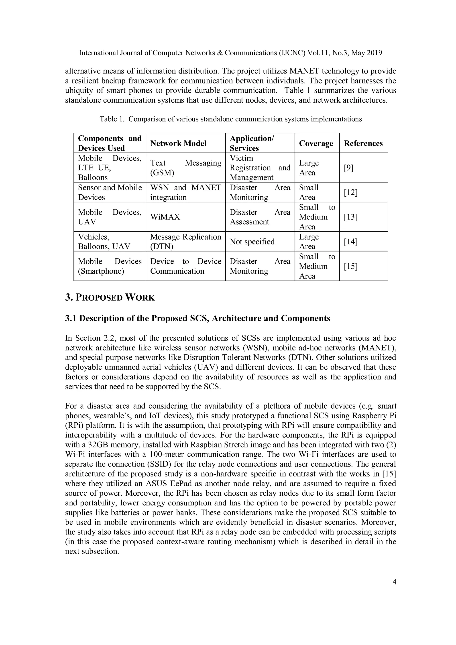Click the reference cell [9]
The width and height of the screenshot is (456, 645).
point(348,168)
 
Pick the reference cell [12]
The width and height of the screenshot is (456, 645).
point(350,192)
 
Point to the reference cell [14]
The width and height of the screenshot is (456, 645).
point(350,242)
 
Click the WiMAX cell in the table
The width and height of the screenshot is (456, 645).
point(165,217)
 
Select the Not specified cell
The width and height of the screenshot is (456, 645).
point(252,242)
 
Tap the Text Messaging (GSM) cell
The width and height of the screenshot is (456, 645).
point(185,168)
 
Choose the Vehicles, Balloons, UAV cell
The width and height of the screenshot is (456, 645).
point(104,242)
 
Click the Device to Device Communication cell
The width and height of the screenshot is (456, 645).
point(185,266)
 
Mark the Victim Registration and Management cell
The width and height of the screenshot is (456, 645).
point(260,168)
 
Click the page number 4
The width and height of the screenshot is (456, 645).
point(394,582)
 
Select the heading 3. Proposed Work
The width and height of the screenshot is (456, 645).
point(110,297)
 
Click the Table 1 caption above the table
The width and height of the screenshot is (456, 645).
point(230,119)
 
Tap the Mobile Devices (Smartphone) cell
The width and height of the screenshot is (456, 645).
point(110,266)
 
